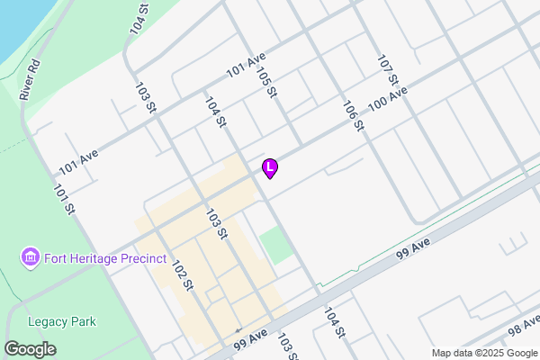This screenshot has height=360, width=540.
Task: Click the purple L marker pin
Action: (269, 167)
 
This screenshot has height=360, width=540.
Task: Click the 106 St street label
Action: (352, 114)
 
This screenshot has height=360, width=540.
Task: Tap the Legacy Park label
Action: (62, 321)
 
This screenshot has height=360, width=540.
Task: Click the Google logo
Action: (30, 349)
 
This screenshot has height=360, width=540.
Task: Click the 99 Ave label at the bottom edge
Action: (251, 338)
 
